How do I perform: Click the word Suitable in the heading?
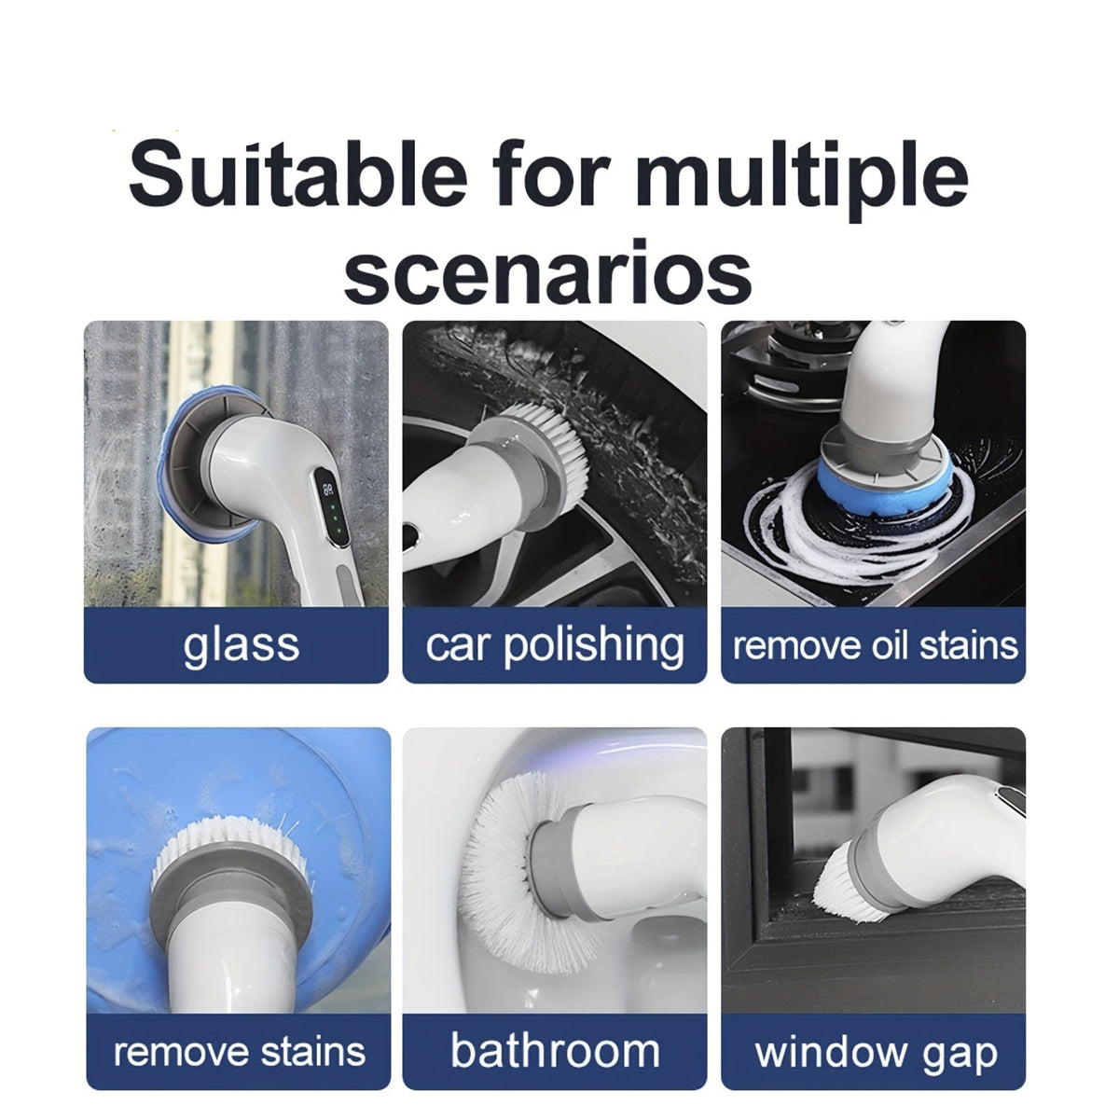coord(297,174)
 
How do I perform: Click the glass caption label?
coord(241,646)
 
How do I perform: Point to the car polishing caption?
coord(555,646)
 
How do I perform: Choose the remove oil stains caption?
coord(875,645)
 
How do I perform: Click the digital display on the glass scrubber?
coord(332,507)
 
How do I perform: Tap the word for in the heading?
coord(551,174)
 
